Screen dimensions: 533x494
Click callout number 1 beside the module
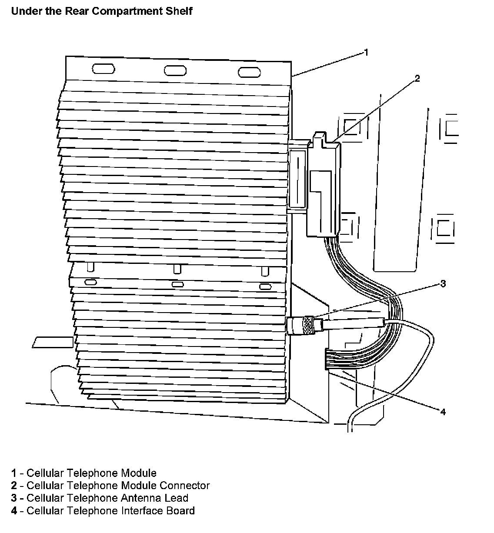[x=366, y=53]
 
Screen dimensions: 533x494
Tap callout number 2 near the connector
[x=417, y=79]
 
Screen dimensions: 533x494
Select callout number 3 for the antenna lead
[x=443, y=284]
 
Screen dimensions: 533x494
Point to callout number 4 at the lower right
[x=443, y=411]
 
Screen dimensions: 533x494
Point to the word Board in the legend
[x=180, y=510]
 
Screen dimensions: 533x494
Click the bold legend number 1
[x=14, y=473]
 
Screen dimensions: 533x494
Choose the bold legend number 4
[x=14, y=511]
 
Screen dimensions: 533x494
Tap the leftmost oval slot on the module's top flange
[x=103, y=69]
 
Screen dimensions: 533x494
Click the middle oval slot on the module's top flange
[x=175, y=70]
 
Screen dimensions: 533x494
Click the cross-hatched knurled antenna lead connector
[x=308, y=324]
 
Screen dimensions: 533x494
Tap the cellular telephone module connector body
[x=324, y=187]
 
